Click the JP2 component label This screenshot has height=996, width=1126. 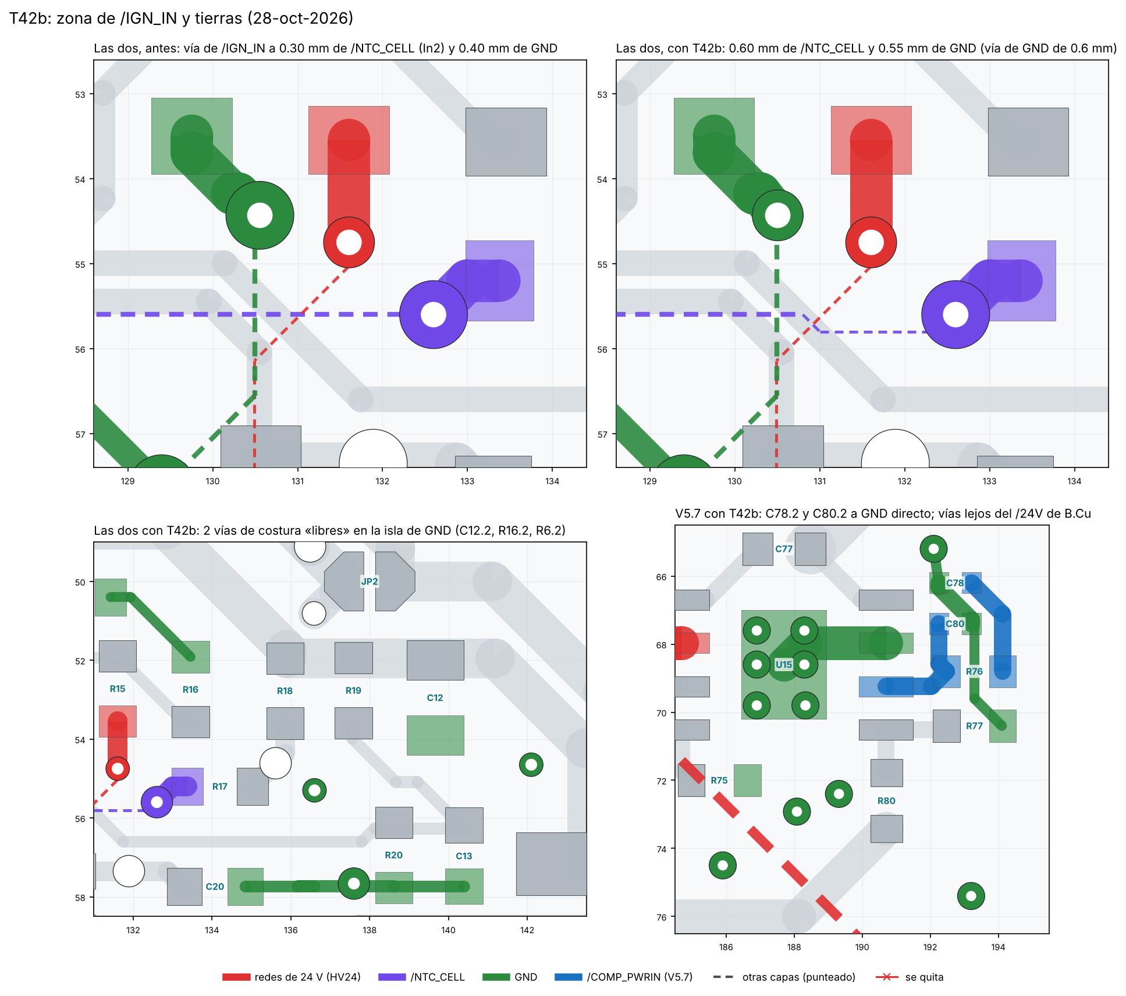coord(370,582)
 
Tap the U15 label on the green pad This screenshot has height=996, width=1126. coord(784,665)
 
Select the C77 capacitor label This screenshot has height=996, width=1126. coord(784,549)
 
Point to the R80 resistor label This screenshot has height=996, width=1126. coord(886,801)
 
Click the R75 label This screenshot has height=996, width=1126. coord(719,781)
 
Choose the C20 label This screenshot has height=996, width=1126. coord(215,887)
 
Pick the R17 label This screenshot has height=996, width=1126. coord(219,786)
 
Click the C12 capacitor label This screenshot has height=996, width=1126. coord(435,698)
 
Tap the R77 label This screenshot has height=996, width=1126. coord(974,726)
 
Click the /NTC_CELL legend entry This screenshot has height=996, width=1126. coord(421,977)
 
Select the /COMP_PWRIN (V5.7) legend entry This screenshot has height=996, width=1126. coord(624,977)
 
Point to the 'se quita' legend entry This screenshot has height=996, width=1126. coord(910,977)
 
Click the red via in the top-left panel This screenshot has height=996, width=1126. coord(349,243)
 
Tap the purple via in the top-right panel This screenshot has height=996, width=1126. coord(955,315)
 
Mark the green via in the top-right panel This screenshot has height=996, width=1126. coord(777,215)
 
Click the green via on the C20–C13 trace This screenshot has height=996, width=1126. coord(354,884)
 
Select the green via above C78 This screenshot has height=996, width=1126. coord(933,548)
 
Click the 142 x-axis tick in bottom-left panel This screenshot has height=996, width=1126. coord(527,930)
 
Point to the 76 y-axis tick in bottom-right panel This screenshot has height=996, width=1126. coord(662,917)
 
